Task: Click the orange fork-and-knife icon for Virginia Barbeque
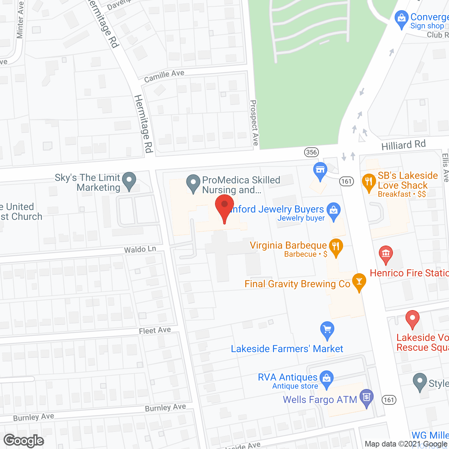[x=336, y=247]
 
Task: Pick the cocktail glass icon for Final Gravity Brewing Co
[x=359, y=281]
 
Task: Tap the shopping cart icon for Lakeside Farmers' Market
[x=327, y=330]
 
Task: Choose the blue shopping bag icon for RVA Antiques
[x=327, y=379]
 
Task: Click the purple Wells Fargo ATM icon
[x=367, y=397]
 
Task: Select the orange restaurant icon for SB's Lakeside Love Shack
[x=369, y=182]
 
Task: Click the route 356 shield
[x=311, y=152]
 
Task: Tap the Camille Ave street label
[x=164, y=76]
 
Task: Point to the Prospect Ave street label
[x=254, y=123]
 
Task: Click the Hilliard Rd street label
[x=403, y=145]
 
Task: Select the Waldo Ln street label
[x=140, y=249]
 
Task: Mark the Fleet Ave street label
[x=155, y=330]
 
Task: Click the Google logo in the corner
[x=24, y=441]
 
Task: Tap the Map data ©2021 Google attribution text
[x=406, y=444]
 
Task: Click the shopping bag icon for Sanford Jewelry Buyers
[x=334, y=211]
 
